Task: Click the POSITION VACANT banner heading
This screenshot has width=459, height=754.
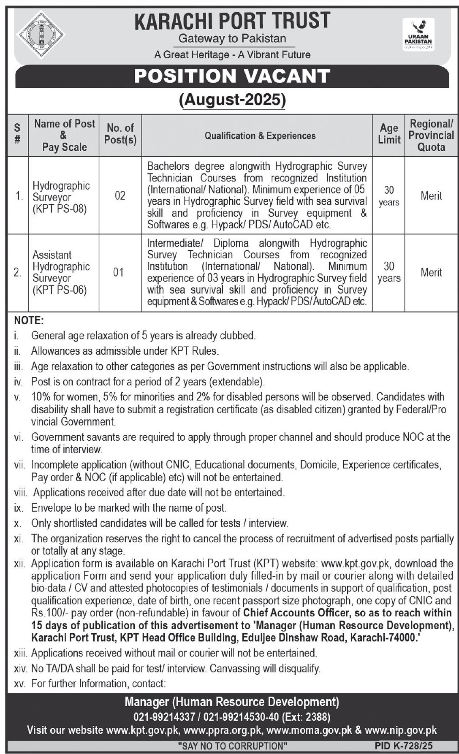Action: pos(232,76)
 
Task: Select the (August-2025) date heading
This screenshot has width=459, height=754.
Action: pos(232,100)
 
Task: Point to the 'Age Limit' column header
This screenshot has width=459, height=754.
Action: pos(388,134)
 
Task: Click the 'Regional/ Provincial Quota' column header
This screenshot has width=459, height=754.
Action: pos(431,135)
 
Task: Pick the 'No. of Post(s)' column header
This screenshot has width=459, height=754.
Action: pos(120,134)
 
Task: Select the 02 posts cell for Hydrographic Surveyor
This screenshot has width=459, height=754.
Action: pos(120,195)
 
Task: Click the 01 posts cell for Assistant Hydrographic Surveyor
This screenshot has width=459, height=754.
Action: pos(119,272)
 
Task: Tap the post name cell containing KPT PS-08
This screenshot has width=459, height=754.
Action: pos(61,197)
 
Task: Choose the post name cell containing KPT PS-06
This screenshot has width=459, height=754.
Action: pos(61,272)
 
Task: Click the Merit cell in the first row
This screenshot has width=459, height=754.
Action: pos(431,195)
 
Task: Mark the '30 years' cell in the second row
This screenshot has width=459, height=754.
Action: pos(388,272)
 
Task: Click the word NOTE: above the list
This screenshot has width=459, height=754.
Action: pos(29,320)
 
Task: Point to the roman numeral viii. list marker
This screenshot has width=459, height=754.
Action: pos(20,493)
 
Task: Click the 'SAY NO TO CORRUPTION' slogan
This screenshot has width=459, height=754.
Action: pos(233,746)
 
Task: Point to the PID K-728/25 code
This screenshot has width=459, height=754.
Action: pos(403,746)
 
